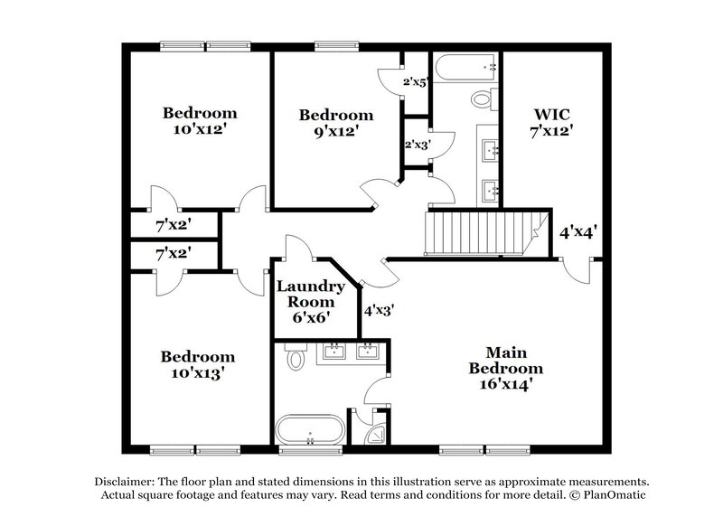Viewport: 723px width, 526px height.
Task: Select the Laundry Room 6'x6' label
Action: coord(310,302)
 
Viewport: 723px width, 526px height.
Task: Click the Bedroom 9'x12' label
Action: coord(336,123)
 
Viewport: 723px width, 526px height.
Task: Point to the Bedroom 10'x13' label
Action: coord(198,363)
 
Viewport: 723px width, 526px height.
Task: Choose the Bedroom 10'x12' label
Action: coord(200,121)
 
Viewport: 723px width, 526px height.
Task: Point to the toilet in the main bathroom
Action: coord(296,361)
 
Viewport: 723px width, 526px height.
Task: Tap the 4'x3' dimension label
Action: coord(378,309)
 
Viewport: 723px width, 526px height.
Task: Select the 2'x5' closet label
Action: coord(415,82)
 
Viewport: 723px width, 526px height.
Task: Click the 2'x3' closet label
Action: coord(415,144)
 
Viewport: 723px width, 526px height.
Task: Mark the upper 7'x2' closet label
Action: coord(173,221)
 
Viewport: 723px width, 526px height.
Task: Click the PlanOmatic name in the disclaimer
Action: coord(607,495)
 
